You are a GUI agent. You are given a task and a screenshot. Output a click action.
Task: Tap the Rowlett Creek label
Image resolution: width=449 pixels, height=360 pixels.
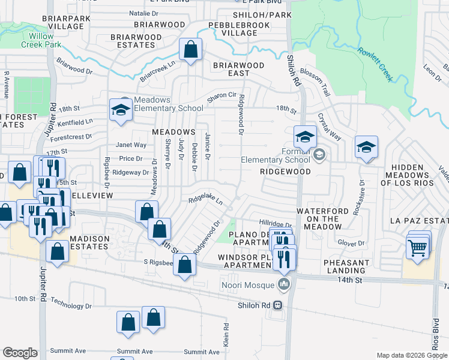[375, 64]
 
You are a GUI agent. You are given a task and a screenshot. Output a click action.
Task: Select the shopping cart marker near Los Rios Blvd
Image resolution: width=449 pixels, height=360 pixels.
[417, 247]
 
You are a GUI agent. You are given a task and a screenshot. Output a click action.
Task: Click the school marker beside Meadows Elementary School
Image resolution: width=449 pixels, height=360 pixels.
[121, 110]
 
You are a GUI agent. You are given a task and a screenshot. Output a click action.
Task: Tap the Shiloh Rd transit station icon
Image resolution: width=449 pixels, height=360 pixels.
[278, 305]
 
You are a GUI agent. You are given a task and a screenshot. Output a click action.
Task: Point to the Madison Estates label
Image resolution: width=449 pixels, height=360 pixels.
[89, 243]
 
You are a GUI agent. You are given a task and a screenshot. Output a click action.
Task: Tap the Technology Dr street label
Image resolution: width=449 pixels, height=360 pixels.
[71, 305]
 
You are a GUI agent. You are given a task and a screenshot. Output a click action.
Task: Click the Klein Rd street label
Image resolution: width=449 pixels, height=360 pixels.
[226, 335]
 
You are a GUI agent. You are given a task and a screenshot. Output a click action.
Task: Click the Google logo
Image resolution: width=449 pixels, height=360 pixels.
[20, 353]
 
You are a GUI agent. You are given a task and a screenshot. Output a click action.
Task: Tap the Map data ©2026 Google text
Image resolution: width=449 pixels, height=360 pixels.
[412, 355]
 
